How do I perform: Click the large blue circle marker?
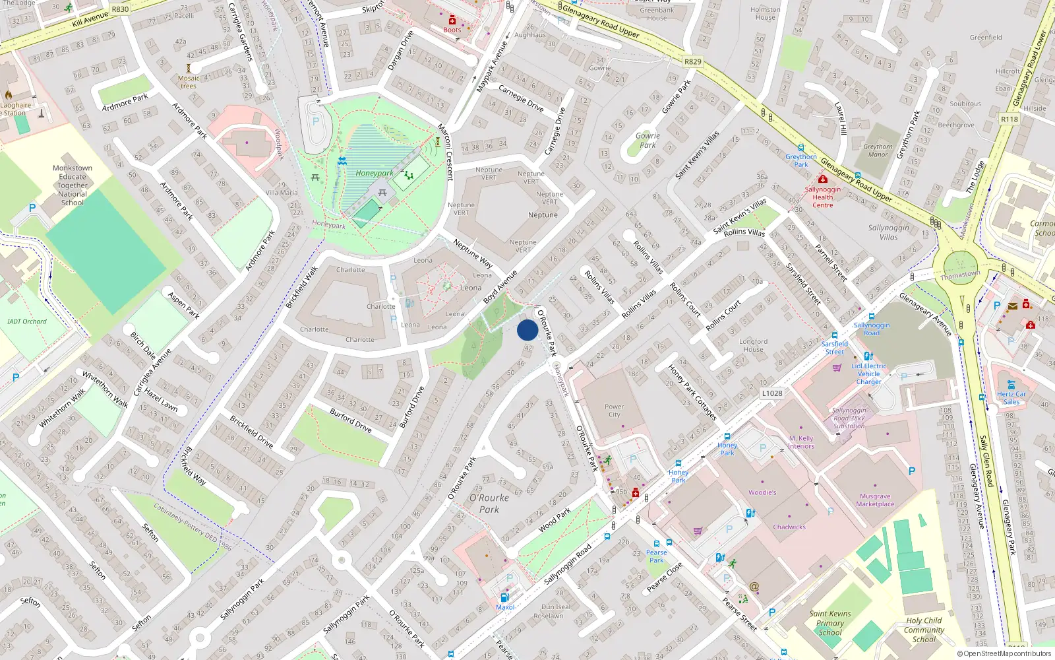527,330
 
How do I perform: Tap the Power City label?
614,411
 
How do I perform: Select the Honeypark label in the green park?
374,174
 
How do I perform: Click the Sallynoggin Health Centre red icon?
822,179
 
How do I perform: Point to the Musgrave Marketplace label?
875,500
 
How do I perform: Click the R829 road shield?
693,61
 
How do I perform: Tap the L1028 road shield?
772,393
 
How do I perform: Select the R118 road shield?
1009,119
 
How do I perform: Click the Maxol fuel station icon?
504,597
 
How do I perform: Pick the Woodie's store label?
762,492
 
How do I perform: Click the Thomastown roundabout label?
960,275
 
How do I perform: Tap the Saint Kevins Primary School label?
829,622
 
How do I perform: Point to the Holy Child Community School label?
924,630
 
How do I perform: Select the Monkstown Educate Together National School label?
73,185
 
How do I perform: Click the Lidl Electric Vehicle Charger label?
868,374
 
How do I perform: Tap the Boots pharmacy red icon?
452,20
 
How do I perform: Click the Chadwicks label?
789,527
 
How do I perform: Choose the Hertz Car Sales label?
1011,397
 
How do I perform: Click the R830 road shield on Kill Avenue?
120,9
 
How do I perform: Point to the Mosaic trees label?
189,82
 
